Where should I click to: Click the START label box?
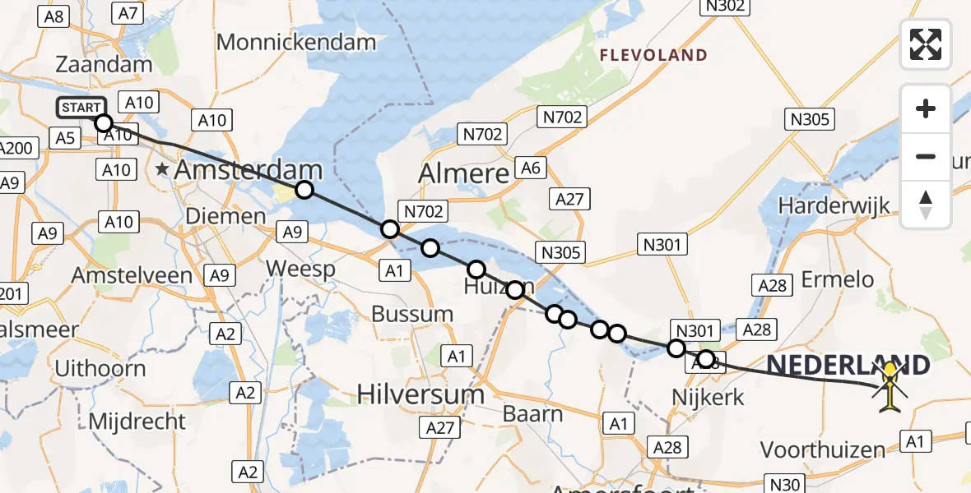point(81,108)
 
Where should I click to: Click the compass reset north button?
point(926,205)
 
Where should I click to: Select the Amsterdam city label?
point(247,172)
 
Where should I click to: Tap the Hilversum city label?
point(420,394)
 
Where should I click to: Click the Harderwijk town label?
point(835,205)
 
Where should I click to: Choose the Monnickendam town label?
point(296,42)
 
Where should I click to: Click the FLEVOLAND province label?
point(653,56)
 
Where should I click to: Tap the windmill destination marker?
point(890,388)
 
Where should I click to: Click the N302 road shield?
point(725,7)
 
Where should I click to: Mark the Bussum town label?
point(412,313)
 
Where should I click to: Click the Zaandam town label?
point(105,64)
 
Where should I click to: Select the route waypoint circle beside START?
point(104,123)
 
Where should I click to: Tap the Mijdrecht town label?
point(137,422)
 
